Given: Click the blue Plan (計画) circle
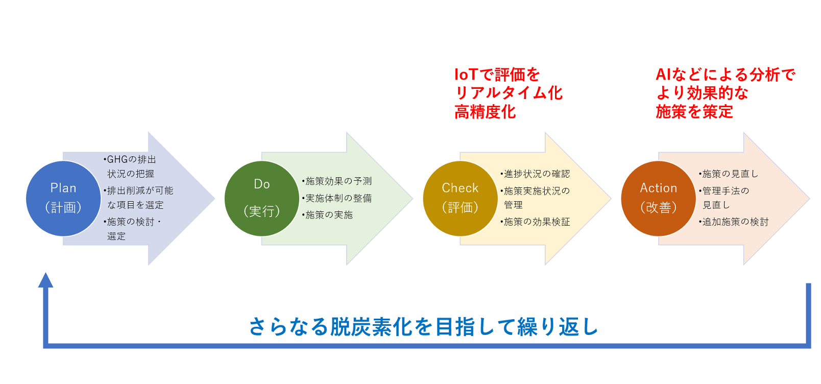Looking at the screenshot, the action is pyautogui.click(x=63, y=199).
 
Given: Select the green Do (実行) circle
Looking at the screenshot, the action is pyautogui.click(x=262, y=199).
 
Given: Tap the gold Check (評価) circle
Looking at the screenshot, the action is pyautogui.click(x=460, y=199).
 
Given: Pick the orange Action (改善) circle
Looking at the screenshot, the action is pyautogui.click(x=658, y=199).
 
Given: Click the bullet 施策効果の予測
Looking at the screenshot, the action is pyautogui.click(x=337, y=181).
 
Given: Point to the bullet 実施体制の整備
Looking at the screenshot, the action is pyautogui.click(x=337, y=198).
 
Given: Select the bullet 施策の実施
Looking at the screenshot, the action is pyautogui.click(x=327, y=214).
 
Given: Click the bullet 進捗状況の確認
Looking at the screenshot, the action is pyautogui.click(x=535, y=174).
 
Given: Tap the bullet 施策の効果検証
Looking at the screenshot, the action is pyautogui.click(x=535, y=222).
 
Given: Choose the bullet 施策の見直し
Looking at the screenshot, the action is pyautogui.click(x=729, y=174).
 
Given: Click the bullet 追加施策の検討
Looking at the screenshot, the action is pyautogui.click(x=733, y=222).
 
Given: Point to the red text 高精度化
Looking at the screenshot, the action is pyautogui.click(x=485, y=112).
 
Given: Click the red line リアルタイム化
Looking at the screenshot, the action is pyautogui.click(x=509, y=93).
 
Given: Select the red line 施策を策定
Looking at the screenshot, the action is pyautogui.click(x=694, y=112).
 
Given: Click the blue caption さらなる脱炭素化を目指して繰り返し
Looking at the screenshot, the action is pyautogui.click(x=424, y=326).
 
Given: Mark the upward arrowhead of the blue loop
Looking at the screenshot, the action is pyautogui.click(x=46, y=280).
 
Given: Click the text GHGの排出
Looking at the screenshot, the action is pyautogui.click(x=130, y=159).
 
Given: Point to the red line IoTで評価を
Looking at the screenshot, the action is pyautogui.click(x=497, y=75).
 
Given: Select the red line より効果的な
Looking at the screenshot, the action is pyautogui.click(x=702, y=93).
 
